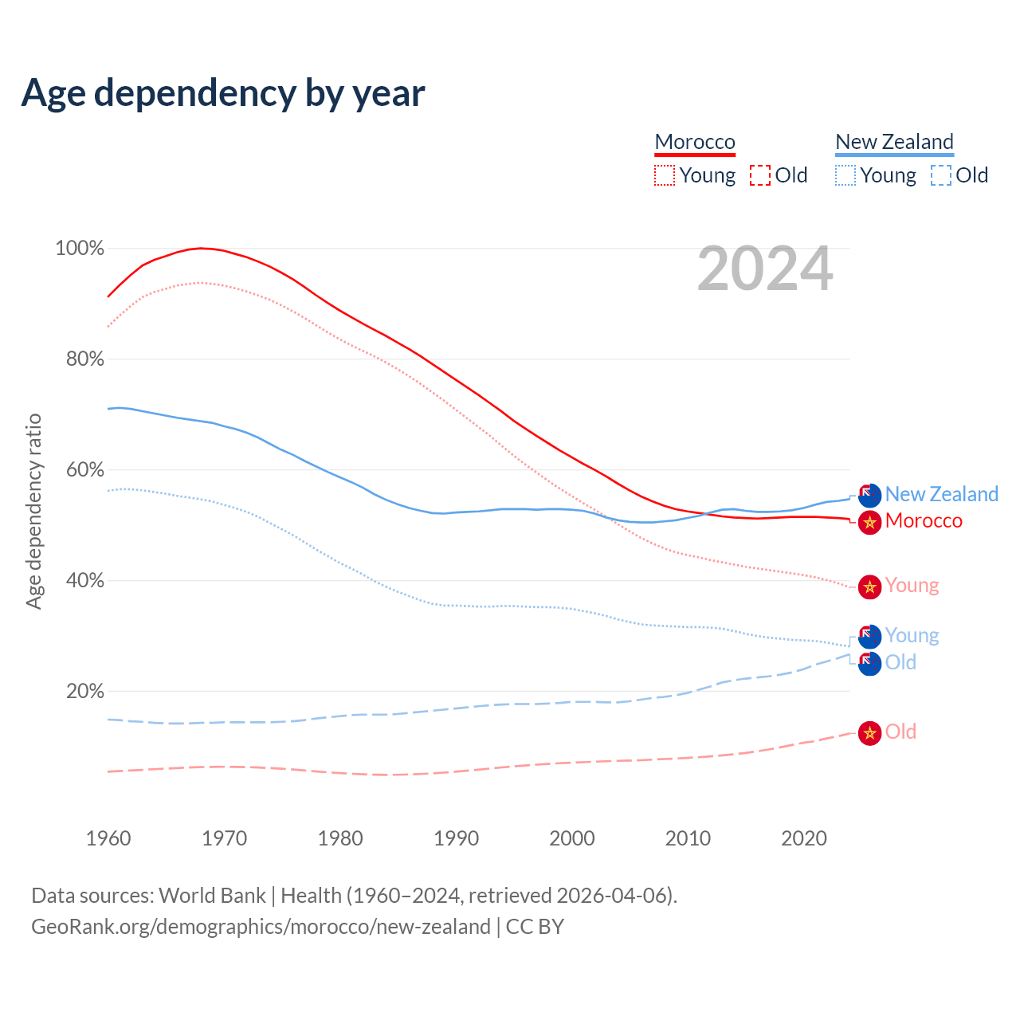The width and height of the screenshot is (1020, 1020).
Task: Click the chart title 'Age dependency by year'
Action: coord(223,93)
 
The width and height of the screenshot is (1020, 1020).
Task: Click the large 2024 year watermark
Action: coord(765,269)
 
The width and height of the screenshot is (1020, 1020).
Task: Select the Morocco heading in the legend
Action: coord(695,142)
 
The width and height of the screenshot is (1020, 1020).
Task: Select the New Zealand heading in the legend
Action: coord(894,142)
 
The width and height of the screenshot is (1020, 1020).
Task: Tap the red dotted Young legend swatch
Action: coord(664,175)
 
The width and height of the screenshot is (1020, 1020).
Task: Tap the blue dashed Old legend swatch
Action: coord(940,175)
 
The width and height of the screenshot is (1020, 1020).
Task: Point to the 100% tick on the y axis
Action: coord(80,249)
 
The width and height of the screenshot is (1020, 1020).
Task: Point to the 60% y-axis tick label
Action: coord(84,470)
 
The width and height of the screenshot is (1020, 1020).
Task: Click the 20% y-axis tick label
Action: coord(84,692)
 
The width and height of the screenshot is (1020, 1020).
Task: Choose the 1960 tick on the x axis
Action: coord(108,838)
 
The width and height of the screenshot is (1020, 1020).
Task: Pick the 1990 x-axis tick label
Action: coord(457,838)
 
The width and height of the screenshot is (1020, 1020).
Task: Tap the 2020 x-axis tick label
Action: coord(804,838)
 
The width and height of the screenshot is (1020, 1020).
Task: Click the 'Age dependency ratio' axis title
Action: coord(33,511)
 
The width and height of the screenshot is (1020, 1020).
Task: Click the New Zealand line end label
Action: coord(941,494)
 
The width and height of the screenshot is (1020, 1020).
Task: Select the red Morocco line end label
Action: coord(924,521)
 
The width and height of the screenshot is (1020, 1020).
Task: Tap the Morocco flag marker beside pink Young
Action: coord(869,587)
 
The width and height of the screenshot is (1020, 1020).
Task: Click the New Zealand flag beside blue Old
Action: coord(869,663)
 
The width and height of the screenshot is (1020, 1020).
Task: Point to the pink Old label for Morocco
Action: coord(900,732)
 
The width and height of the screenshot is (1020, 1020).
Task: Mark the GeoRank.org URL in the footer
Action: coord(261,927)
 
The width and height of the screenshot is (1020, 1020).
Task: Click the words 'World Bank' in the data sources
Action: coord(212,896)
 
